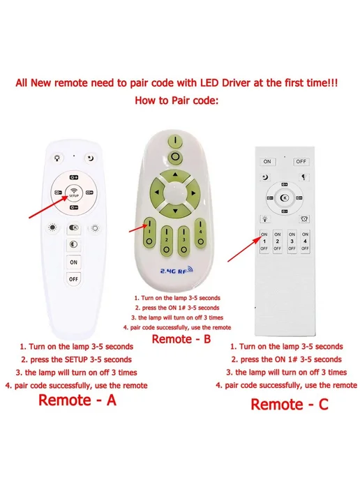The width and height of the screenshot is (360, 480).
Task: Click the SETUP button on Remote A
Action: (74, 193)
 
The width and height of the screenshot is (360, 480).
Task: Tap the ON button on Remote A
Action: (73, 262)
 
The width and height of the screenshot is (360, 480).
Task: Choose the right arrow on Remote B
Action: (193, 193)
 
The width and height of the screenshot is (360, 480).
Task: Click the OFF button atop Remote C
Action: (301, 161)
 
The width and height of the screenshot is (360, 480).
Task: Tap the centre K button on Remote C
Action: (285, 197)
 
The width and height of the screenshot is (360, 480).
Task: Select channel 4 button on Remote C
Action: (305, 241)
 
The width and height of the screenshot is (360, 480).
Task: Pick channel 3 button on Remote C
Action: (292, 241)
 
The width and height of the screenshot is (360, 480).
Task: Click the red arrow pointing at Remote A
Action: (48, 207)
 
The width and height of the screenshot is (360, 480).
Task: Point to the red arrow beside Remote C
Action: (244, 249)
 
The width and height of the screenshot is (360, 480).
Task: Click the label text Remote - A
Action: (77, 400)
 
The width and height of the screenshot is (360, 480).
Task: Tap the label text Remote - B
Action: (181, 339)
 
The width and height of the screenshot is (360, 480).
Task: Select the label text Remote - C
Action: (290, 405)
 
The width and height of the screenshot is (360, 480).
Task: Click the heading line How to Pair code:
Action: (177, 100)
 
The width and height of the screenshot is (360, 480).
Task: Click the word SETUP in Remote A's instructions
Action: (77, 359)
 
